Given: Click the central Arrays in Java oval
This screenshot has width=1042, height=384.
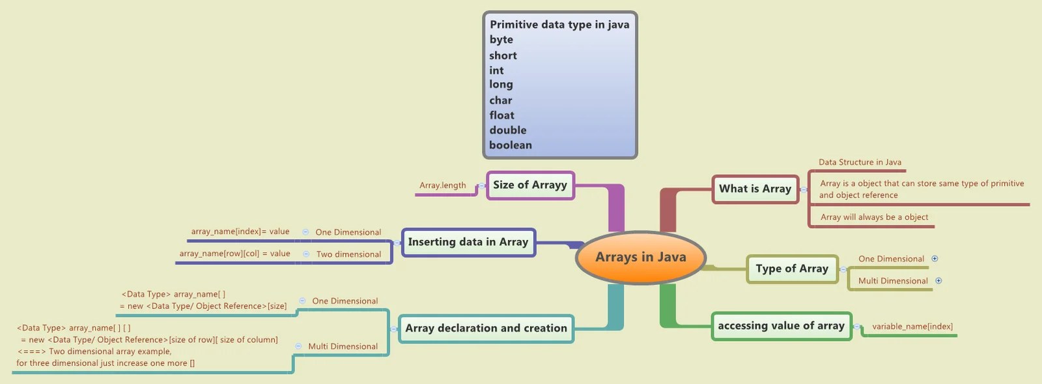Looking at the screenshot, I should coord(641,258).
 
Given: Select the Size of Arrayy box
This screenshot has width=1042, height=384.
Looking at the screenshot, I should coord(530,185).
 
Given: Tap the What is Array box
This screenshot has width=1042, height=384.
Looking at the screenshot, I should coord(755,189).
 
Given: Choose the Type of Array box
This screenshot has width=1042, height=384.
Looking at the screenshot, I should coord(792,269).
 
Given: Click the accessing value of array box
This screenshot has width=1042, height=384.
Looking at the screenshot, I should coord(781,326).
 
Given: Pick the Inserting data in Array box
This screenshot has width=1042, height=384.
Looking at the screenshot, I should coord(468,242).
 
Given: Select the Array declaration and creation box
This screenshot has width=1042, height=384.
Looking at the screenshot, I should coord(486,328).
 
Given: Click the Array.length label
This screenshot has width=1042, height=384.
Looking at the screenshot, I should coord(443,186).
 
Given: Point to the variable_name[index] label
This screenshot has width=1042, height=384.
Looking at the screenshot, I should coord(912,327).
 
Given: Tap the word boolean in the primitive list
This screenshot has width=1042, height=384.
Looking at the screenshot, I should coord(511,145).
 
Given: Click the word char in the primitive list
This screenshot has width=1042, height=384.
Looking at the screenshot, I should coord(501,100).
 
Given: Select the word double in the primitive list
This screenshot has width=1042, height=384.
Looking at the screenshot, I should coord(508,130).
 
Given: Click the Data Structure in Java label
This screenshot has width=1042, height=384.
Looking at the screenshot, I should coord(860,162).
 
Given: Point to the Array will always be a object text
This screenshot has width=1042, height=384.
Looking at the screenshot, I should coord(874,217).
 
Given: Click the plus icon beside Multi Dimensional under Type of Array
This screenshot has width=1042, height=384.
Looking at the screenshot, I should coord(938,281).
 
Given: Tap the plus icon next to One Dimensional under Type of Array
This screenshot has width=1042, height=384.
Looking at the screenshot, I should coord(935,259).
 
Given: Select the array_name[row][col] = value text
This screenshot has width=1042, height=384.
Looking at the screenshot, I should coord(234,254).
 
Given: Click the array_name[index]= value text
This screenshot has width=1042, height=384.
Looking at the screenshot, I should coord(240,231).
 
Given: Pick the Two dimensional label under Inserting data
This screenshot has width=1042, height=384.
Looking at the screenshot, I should coord(348,254).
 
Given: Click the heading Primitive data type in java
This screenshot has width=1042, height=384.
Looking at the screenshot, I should coord(559,25).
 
